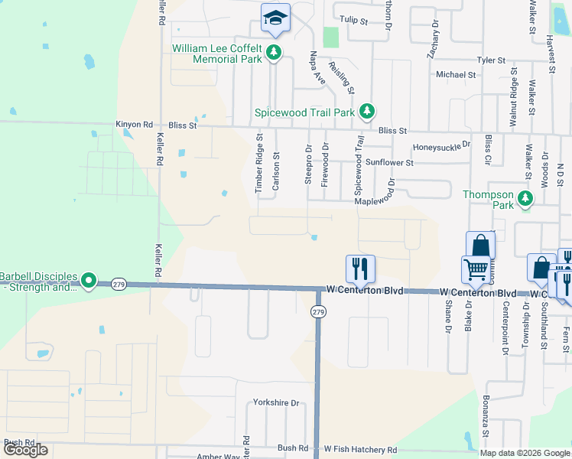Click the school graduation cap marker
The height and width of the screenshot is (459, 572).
[x=275, y=18]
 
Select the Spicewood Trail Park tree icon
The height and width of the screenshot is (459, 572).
[x=367, y=112]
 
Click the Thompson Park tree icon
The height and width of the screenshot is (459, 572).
[x=525, y=199]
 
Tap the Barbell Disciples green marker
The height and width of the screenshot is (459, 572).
[x=89, y=282]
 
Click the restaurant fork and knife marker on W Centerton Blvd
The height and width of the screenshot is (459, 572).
[x=360, y=268]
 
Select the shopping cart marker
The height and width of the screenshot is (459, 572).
[x=476, y=269]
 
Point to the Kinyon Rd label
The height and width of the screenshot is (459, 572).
[x=135, y=124]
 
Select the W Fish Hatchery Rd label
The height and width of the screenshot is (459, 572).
[x=360, y=449]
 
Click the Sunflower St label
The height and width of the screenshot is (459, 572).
[x=389, y=162]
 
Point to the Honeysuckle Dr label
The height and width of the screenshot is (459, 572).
[x=441, y=145]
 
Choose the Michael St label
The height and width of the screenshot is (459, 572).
[x=456, y=74]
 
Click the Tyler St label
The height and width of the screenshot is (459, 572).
[x=491, y=60]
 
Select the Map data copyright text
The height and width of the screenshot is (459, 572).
[x=524, y=453]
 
